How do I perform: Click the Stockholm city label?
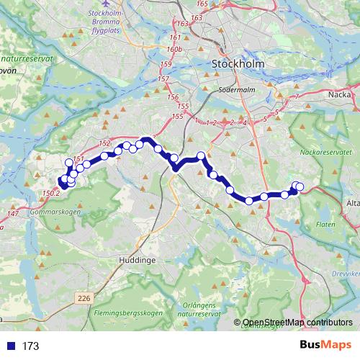(x=238, y=64)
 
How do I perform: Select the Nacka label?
(x=339, y=94)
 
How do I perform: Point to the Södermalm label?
(x=235, y=91)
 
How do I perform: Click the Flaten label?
(x=325, y=225)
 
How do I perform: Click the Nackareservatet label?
(x=329, y=153)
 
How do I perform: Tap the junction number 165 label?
(x=202, y=4)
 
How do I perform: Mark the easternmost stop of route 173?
(x=300, y=187)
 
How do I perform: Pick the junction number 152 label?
(x=104, y=143)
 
